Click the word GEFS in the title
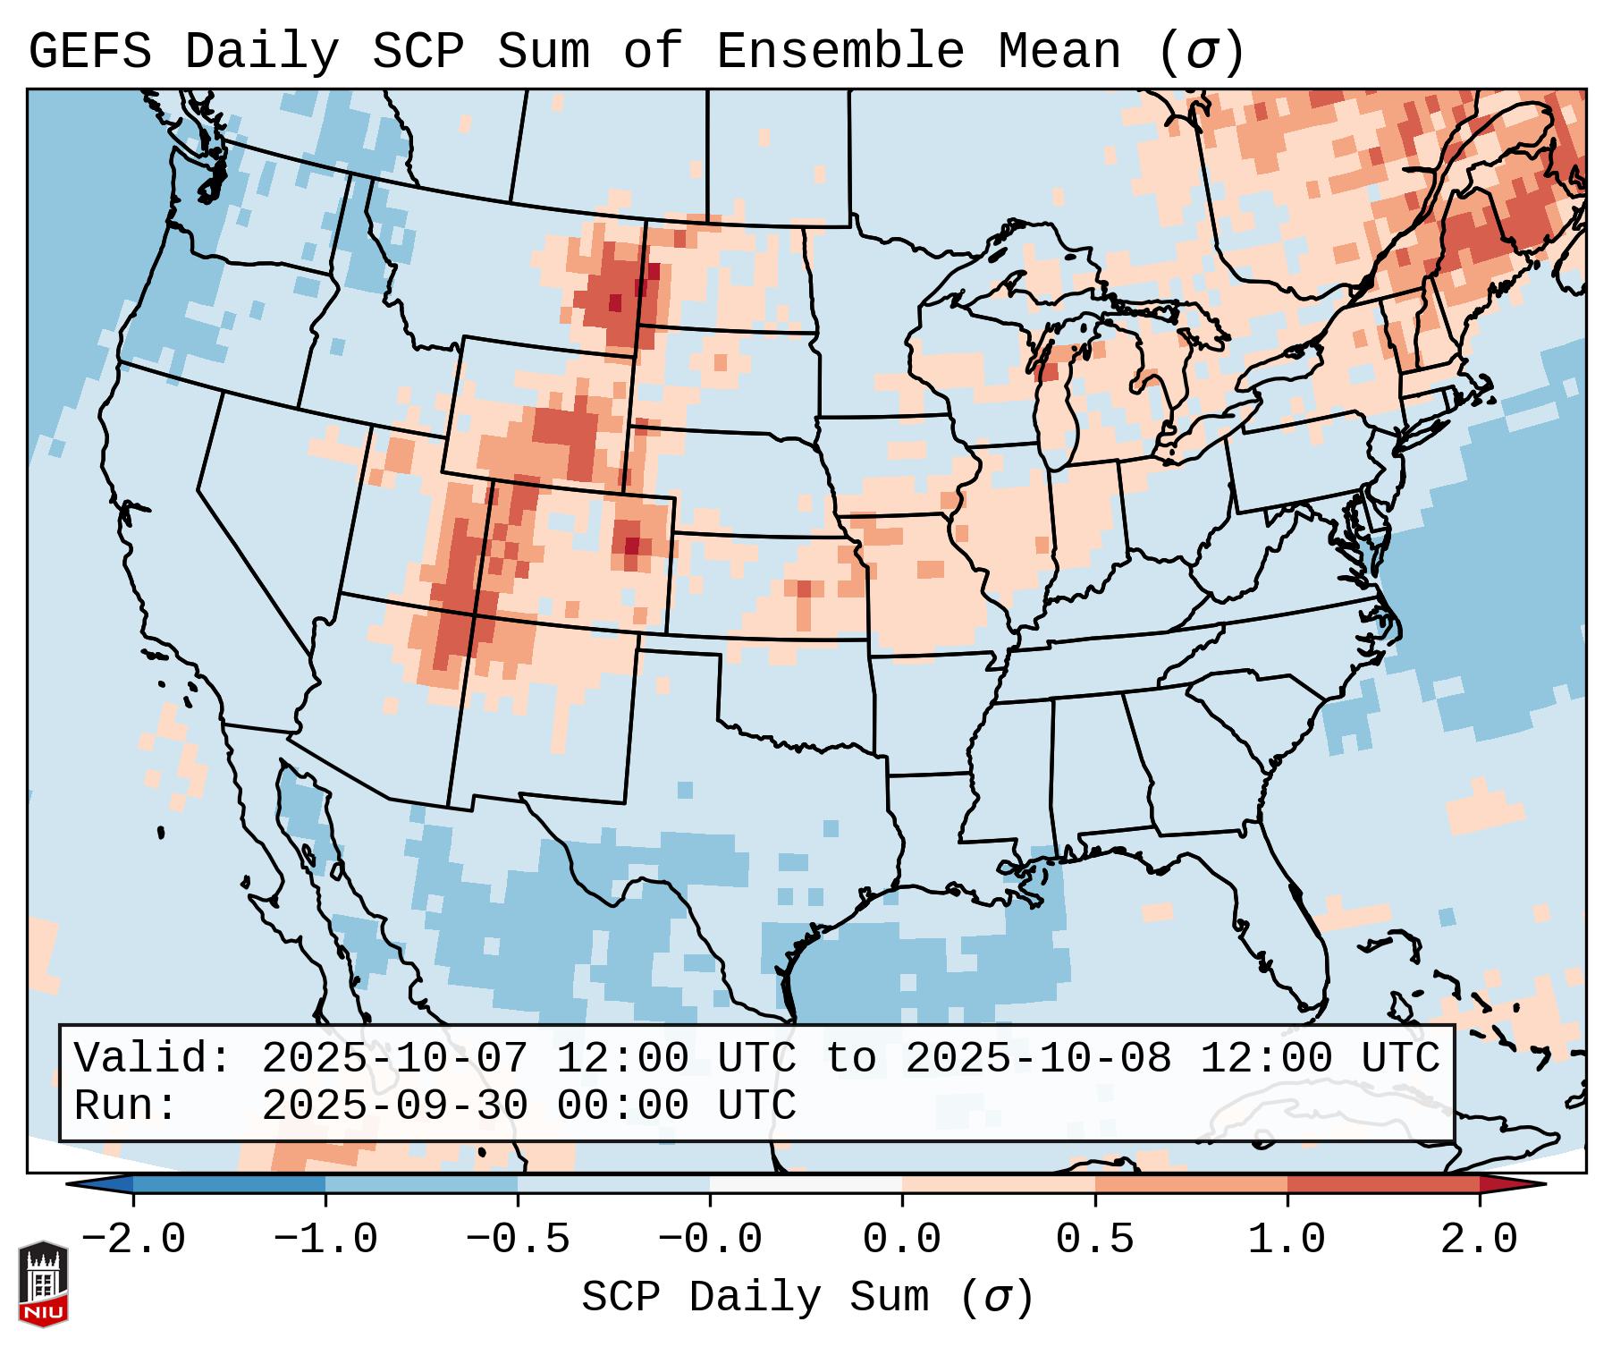(90, 52)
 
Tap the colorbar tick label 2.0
(1480, 1240)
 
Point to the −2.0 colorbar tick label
(133, 1240)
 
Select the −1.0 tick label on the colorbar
(325, 1240)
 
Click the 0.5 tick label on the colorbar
(1095, 1240)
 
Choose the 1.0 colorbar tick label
(1287, 1240)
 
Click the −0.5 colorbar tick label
(518, 1240)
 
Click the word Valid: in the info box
(152, 1059)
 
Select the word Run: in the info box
(125, 1106)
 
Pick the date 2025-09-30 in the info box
(394, 1106)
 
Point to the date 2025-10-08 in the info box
(1038, 1059)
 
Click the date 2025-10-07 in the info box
(394, 1059)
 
